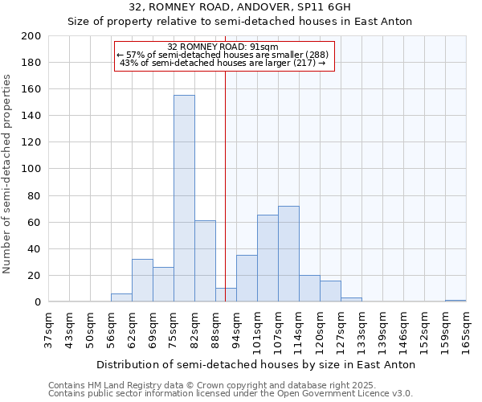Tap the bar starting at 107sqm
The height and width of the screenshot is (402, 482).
pyautogui.click(x=288, y=254)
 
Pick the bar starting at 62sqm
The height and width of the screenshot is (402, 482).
pyautogui.click(x=142, y=281)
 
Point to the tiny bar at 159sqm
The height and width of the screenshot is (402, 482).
pyautogui.click(x=455, y=301)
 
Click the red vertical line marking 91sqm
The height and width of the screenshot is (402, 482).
pyautogui.click(x=225, y=201)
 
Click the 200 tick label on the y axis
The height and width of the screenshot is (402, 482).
pyautogui.click(x=31, y=36)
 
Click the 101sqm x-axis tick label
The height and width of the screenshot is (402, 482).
pyautogui.click(x=258, y=330)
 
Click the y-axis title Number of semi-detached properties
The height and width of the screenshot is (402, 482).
pyautogui.click(x=7, y=174)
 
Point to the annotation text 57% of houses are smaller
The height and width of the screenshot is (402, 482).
pyautogui.click(x=223, y=55)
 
